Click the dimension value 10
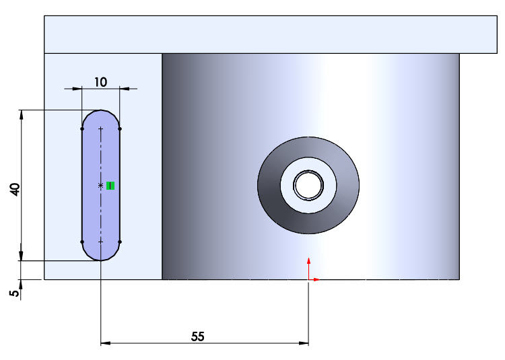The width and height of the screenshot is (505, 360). point(100,82)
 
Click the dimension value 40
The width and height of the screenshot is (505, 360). point(15,189)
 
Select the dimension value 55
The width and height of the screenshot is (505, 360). point(197,336)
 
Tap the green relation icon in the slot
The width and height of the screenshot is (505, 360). point(110,186)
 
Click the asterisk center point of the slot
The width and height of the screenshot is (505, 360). point(100,185)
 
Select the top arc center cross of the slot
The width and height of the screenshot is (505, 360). point(100,129)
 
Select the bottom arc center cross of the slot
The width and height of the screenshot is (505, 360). point(100,241)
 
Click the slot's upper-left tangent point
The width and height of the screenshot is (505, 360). point(82,128)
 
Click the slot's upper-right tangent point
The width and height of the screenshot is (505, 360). point(119,128)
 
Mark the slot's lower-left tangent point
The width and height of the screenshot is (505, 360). point(82,241)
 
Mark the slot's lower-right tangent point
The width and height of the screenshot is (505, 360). point(119,241)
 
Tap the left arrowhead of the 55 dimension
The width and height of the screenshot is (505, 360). point(105,343)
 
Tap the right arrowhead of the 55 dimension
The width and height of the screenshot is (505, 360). point(304,343)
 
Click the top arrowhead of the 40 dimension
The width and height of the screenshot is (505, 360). point(22,114)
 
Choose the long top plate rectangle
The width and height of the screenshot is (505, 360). point(269,34)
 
